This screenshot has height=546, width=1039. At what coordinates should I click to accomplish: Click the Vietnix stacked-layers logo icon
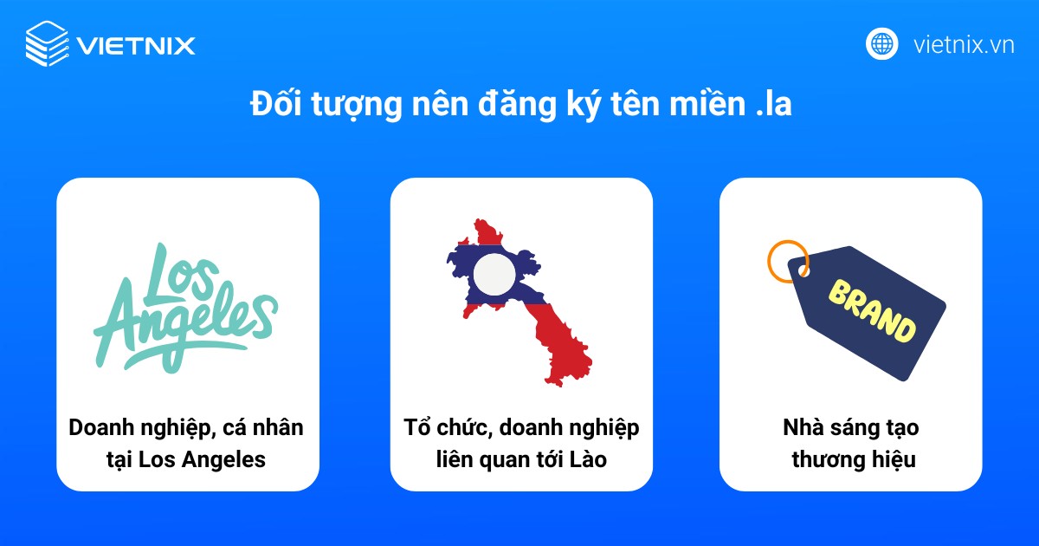coord(45,42)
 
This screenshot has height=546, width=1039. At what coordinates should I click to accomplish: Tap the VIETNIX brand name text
coord(135,44)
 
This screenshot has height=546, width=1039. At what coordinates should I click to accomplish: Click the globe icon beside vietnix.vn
coord(881,43)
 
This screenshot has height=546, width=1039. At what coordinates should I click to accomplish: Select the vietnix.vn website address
coord(964,44)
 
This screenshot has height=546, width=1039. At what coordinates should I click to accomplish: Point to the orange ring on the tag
coord(788,260)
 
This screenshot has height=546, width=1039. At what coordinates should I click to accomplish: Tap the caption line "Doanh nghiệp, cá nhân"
coord(187,427)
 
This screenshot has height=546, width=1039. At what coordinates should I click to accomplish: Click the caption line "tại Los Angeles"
coord(187,459)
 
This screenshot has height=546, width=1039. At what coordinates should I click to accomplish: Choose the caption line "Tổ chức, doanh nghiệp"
coord(521,427)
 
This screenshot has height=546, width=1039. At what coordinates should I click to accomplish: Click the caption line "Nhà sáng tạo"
coord(850,427)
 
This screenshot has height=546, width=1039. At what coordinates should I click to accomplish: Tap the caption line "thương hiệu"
coord(850,459)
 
